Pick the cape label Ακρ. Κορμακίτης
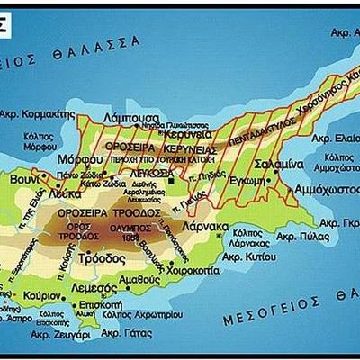[x=36, y=115]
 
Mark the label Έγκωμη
[x=247, y=180]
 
